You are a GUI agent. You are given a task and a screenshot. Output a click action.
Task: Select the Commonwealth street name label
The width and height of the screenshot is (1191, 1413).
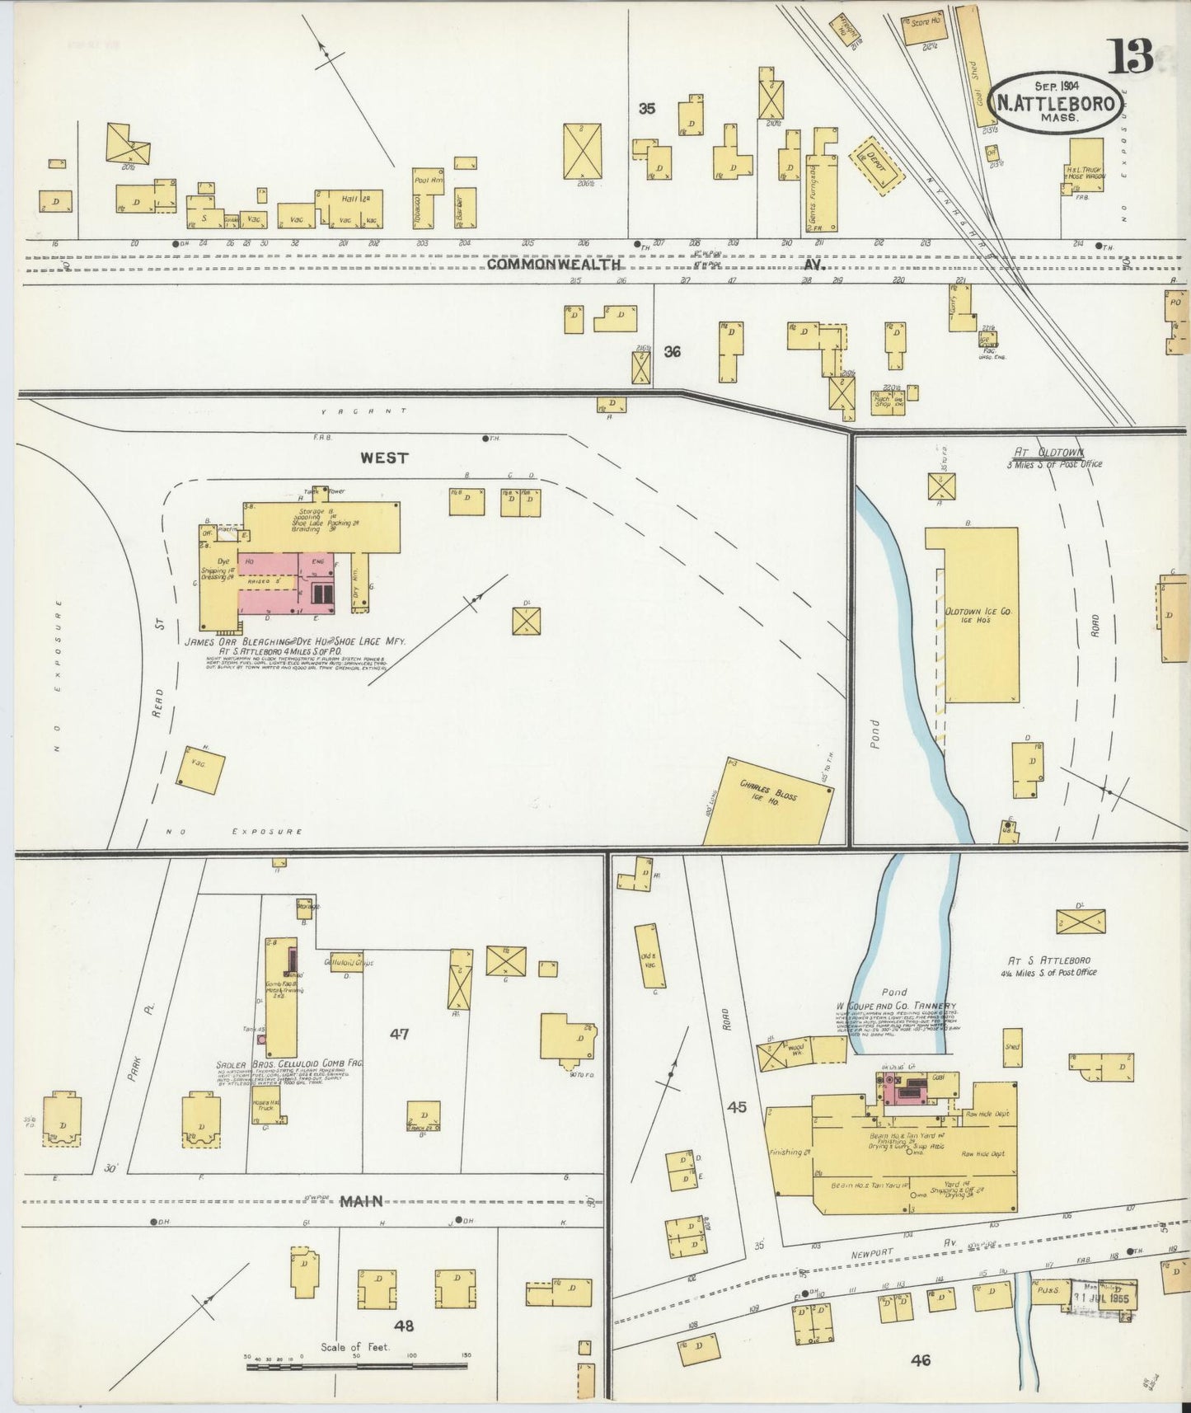553,265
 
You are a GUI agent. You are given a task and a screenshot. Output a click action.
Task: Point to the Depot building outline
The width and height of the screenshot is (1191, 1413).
877,164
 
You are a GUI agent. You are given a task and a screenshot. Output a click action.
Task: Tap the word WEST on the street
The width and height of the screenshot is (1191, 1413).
384,458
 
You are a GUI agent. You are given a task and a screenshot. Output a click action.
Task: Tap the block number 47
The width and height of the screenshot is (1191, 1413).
401,1034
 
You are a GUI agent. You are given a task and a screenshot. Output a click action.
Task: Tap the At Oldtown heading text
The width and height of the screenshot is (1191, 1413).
1047,453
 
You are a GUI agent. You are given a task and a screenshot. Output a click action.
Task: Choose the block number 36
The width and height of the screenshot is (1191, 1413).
673,352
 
